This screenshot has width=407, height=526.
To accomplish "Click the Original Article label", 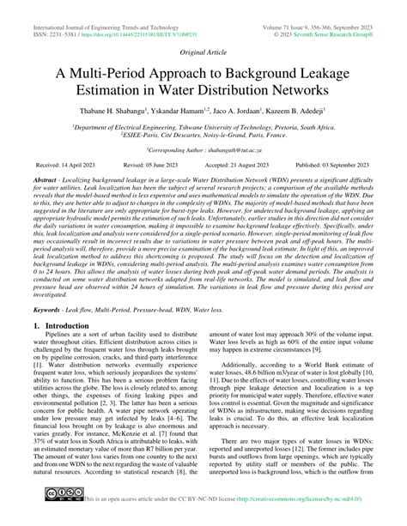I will point(203,51).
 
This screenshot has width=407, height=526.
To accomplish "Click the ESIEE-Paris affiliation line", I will point(203,135).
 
